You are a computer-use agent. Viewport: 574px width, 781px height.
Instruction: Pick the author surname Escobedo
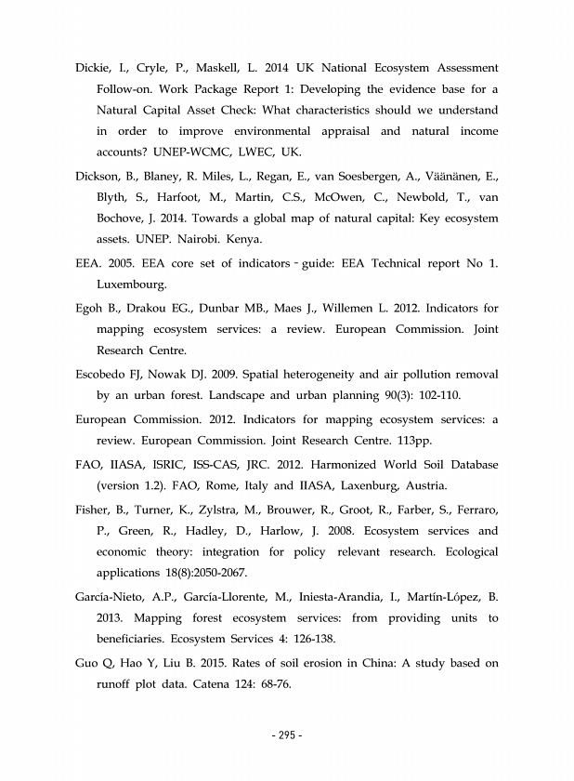pyautogui.click(x=104, y=377)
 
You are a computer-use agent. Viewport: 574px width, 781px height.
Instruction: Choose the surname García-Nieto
pyautogui.click(x=113, y=596)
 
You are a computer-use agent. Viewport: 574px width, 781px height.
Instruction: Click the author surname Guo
pyautogui.click(x=88, y=663)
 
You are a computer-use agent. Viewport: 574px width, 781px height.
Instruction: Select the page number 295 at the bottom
pyautogui.click(x=287, y=735)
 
